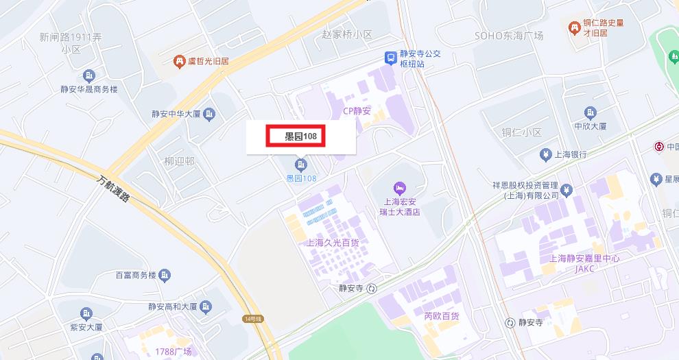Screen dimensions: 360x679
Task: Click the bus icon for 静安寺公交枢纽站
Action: (x=390, y=58)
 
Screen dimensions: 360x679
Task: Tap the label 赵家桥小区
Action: (x=346, y=34)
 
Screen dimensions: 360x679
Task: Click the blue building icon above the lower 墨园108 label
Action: (x=300, y=164)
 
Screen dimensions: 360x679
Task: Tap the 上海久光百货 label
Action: (x=333, y=243)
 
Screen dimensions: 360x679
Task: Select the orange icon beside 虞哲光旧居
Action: (x=180, y=62)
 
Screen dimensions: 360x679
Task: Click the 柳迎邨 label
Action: (x=179, y=162)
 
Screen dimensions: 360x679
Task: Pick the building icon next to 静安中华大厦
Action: (x=210, y=114)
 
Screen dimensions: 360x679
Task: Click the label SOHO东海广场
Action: (x=509, y=35)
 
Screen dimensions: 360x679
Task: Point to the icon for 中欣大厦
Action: (x=591, y=112)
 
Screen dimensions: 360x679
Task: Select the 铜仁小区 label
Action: (x=521, y=132)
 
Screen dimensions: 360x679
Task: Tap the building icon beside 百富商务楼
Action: (x=165, y=276)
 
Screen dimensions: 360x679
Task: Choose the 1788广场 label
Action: (x=173, y=352)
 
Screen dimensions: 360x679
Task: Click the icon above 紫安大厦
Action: (x=86, y=314)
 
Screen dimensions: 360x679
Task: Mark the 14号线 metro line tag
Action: (x=252, y=319)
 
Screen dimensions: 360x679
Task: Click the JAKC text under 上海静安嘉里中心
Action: (x=584, y=269)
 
